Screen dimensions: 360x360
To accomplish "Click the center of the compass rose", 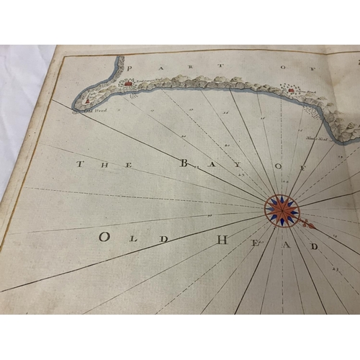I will pos(282,210).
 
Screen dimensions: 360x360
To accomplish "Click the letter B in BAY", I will pos(184,164).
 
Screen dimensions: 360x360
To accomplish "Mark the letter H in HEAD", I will pos(223,240).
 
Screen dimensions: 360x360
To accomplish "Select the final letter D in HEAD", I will pos(313,246).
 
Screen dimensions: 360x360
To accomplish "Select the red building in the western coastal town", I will pos(129,84).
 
